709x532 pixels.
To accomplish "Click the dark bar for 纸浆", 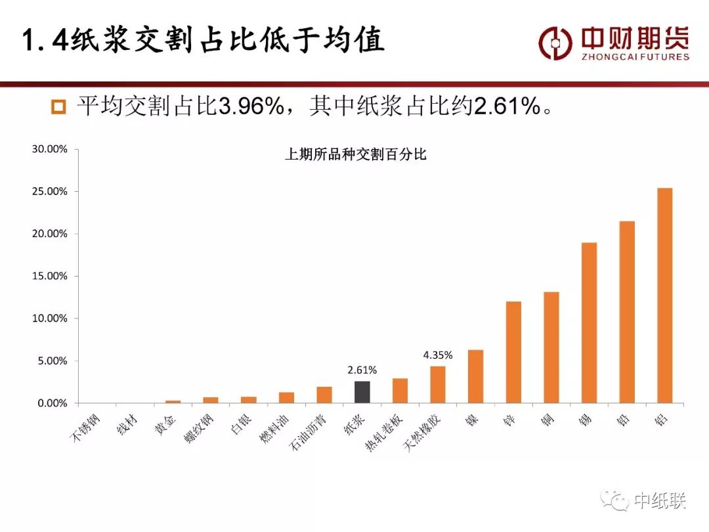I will (362, 392).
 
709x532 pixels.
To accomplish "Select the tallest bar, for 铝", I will (664, 296).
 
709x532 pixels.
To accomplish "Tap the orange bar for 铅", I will (627, 312).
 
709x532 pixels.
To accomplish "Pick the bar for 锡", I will (589, 322).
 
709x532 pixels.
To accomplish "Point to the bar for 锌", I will (513, 352).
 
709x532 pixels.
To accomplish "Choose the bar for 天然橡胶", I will (438, 384).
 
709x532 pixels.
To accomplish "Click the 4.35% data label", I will (438, 355).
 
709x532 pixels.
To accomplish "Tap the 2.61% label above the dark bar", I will (362, 370).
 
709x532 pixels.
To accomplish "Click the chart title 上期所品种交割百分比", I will (356, 155).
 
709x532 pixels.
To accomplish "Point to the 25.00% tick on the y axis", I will (50, 192).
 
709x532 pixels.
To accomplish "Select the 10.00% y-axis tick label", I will (50, 319).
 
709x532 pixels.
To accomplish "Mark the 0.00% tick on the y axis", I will (52, 403).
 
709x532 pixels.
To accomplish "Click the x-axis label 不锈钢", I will (85, 429).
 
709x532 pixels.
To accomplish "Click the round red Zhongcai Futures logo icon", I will (555, 43).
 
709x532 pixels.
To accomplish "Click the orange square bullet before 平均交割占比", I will (59, 107).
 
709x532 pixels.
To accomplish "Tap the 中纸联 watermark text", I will (660, 502).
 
